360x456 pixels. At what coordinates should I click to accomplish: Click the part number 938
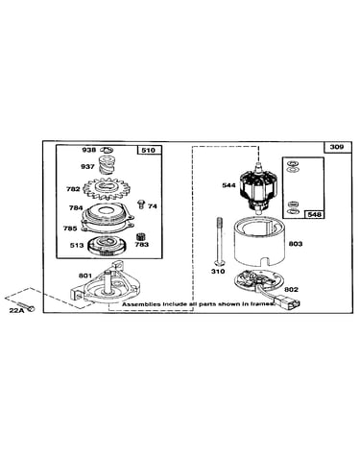(88, 150)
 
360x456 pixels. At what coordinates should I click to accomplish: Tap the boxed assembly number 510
(148, 151)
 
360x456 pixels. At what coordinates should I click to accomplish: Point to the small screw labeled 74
(141, 204)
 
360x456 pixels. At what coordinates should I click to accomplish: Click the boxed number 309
(337, 147)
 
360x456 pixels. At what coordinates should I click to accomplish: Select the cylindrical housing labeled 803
(260, 242)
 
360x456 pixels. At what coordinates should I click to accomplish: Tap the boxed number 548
(314, 214)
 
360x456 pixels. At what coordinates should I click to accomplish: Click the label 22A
(16, 310)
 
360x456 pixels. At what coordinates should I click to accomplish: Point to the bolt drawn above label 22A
(26, 306)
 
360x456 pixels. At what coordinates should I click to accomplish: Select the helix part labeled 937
(105, 164)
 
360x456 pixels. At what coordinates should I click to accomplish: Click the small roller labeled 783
(141, 237)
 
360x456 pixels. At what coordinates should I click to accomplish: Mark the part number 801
(85, 276)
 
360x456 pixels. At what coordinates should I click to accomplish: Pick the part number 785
(70, 228)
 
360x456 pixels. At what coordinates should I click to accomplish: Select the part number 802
(291, 289)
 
